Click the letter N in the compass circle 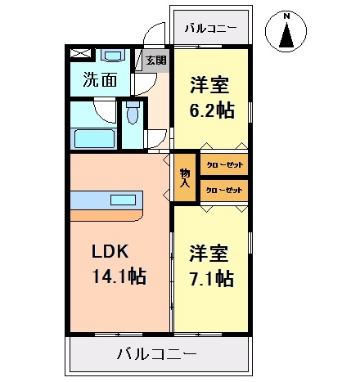[x=287, y=16]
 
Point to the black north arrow [x=287, y=36]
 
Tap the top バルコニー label [x=210, y=28]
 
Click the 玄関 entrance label [x=155, y=60]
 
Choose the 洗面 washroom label [x=100, y=81]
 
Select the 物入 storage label [x=185, y=178]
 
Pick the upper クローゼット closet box [x=223, y=165]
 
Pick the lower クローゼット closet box [x=223, y=190]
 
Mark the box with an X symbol [x=80, y=55]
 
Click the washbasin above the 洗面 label [x=113, y=56]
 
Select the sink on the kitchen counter [x=124, y=200]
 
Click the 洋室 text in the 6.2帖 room [x=209, y=84]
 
